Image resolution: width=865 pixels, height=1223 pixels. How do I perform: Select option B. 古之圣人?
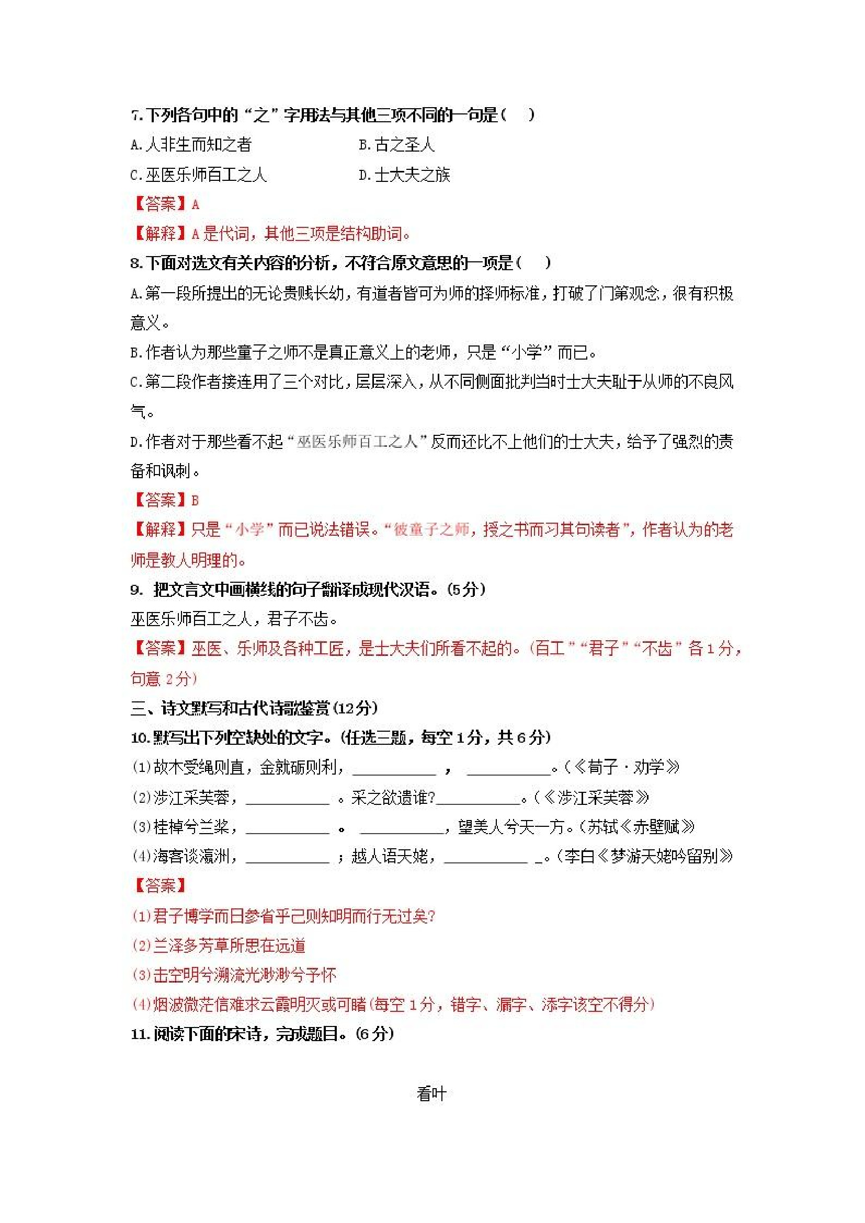396,144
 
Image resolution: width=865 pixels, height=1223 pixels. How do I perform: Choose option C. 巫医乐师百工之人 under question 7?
198,174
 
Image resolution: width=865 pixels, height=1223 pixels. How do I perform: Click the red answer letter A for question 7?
196,204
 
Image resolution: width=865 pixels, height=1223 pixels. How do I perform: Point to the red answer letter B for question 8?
195,500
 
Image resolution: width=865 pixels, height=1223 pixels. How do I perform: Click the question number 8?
136,263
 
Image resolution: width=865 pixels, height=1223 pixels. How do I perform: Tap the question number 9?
136,590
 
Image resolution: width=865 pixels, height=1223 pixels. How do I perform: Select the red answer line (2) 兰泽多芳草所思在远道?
219,945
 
